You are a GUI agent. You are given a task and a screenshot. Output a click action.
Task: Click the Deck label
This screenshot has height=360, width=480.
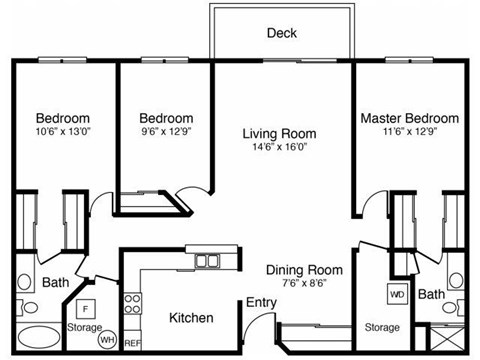click(281, 33)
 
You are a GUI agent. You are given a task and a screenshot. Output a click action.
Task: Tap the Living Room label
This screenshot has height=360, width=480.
click(280, 133)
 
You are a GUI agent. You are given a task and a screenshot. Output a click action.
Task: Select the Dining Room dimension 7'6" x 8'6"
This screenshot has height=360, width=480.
click(303, 284)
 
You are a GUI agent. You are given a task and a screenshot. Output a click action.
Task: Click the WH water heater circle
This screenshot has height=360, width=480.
click(106, 340)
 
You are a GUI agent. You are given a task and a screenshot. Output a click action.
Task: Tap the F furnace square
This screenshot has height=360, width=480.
click(86, 308)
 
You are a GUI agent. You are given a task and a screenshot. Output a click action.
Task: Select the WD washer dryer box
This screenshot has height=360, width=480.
click(397, 296)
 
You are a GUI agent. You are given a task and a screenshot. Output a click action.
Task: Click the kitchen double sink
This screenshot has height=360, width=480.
click(208, 261)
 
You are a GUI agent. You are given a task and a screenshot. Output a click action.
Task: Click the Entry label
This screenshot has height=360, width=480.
click(260, 303)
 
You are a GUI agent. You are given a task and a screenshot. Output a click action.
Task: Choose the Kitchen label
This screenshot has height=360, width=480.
click(190, 318)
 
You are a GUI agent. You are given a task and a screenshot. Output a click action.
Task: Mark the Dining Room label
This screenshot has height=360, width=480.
click(304, 270)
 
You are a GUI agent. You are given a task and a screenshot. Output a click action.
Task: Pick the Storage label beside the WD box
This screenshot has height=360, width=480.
click(381, 327)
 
